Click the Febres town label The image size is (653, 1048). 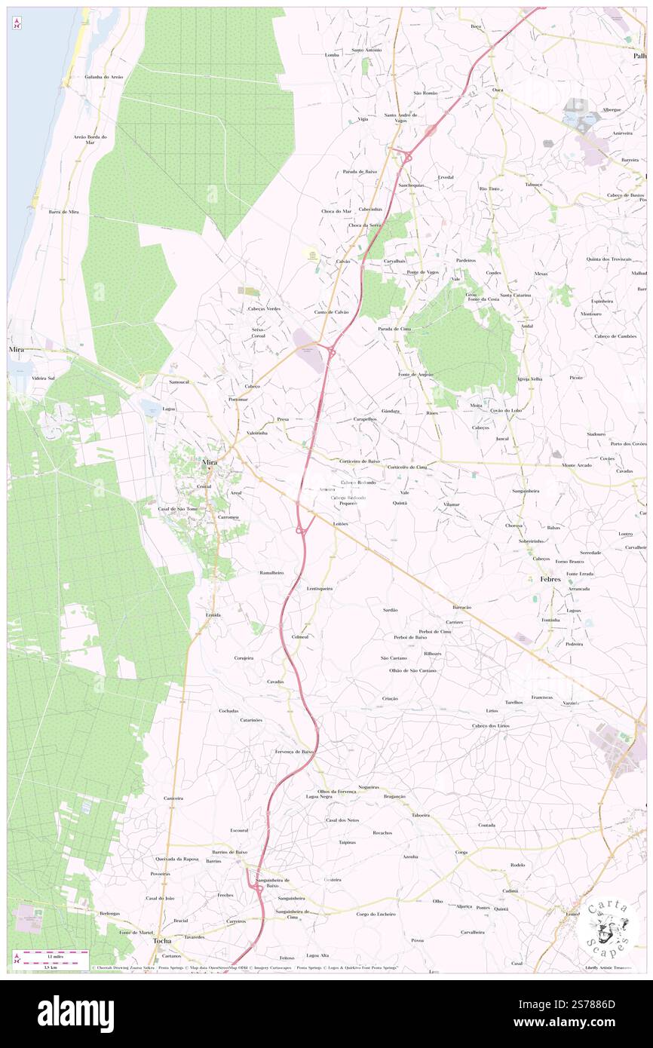click(550, 579)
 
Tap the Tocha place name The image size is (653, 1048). click(162, 941)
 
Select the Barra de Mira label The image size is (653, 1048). click(63, 213)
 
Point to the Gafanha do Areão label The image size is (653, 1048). click(104, 77)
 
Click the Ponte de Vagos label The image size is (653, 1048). click(422, 272)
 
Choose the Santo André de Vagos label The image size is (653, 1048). click(400, 118)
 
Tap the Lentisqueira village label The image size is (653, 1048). click(320, 588)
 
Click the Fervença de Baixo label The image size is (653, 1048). click(294, 752)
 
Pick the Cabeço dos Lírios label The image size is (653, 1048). click(491, 725)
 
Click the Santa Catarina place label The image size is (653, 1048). click(516, 296)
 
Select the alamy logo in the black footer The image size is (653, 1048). click(75, 1014)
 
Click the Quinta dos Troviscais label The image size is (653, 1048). click(609, 259)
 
